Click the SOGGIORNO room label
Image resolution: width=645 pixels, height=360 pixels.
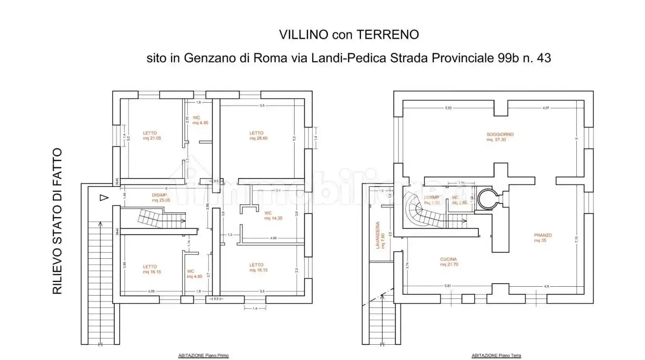tap(500, 137)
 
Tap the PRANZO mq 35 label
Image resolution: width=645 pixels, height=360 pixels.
tap(542, 238)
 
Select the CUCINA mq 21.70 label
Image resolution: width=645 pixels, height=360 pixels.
tap(449, 262)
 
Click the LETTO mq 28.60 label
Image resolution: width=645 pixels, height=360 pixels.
tap(258, 135)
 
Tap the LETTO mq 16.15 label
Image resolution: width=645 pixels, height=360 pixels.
tap(151, 269)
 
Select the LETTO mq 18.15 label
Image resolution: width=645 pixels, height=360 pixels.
tap(258, 267)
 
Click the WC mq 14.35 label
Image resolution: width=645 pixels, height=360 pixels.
tap(273, 215)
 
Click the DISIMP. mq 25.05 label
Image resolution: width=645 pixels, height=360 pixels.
tap(160, 198)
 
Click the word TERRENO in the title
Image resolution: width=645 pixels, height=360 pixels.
tap(388, 35)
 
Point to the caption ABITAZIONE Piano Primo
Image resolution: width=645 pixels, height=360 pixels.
tap(203, 356)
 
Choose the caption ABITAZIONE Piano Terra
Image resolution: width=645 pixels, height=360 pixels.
tap(496, 356)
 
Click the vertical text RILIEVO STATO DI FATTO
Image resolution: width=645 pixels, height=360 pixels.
tap(57, 221)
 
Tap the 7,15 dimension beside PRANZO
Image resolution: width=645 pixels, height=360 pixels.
tap(576, 239)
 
